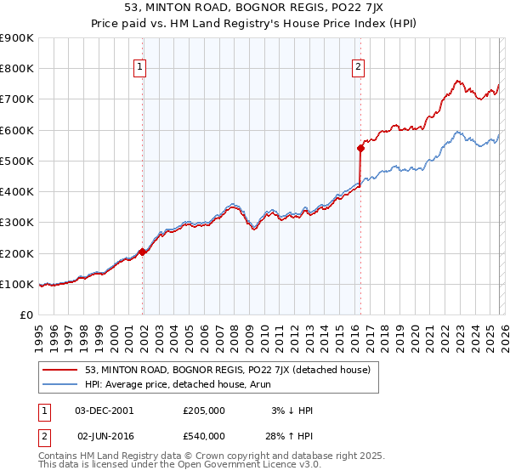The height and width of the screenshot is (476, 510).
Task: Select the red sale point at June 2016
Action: [360, 148]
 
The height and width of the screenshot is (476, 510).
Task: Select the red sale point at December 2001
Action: [143, 252]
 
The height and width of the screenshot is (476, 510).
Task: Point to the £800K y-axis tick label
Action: [16, 68]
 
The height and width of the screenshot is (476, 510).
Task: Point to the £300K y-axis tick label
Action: [16, 223]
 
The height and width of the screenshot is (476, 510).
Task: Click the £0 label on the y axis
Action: [25, 315]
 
